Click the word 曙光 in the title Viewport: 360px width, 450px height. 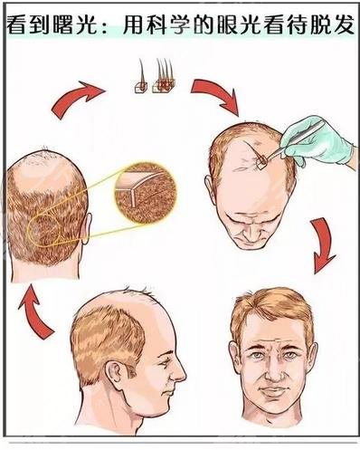pos(75,24)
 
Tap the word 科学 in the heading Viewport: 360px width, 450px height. pos(166,24)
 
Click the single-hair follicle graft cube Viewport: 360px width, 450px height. pos(141,87)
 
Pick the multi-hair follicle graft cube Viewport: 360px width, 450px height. pos(164,86)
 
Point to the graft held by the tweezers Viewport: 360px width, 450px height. pos(261,159)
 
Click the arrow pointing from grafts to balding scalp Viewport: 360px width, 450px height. pos(216,94)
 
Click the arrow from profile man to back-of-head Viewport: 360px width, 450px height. pos(33,311)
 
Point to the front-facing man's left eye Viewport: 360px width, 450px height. pos(291,355)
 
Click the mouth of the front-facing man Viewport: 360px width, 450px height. pos(274,389)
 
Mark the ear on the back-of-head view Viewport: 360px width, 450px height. pos(85,228)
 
